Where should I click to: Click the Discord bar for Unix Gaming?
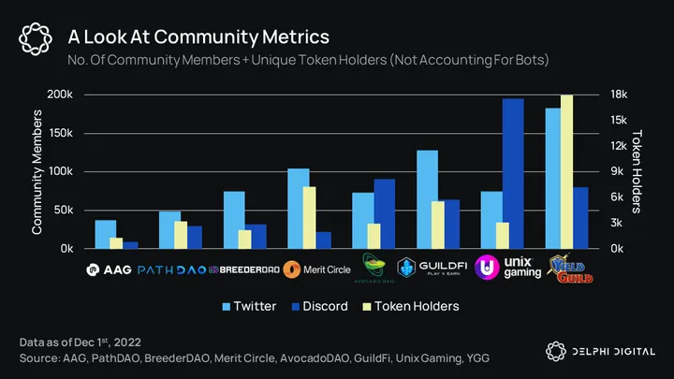click(513, 174)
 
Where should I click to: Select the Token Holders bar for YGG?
click(566, 172)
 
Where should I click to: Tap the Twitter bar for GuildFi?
click(428, 199)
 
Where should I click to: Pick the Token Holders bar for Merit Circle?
click(309, 217)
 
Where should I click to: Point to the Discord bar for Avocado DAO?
click(384, 213)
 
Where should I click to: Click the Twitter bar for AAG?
click(106, 234)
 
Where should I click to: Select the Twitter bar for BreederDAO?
click(234, 220)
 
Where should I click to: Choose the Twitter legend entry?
click(247, 306)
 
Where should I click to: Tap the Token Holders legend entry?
click(411, 306)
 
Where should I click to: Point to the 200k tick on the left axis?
click(59, 95)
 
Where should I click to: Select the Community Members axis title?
click(37, 171)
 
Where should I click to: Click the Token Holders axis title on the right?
click(640, 171)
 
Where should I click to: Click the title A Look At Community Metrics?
click(198, 37)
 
